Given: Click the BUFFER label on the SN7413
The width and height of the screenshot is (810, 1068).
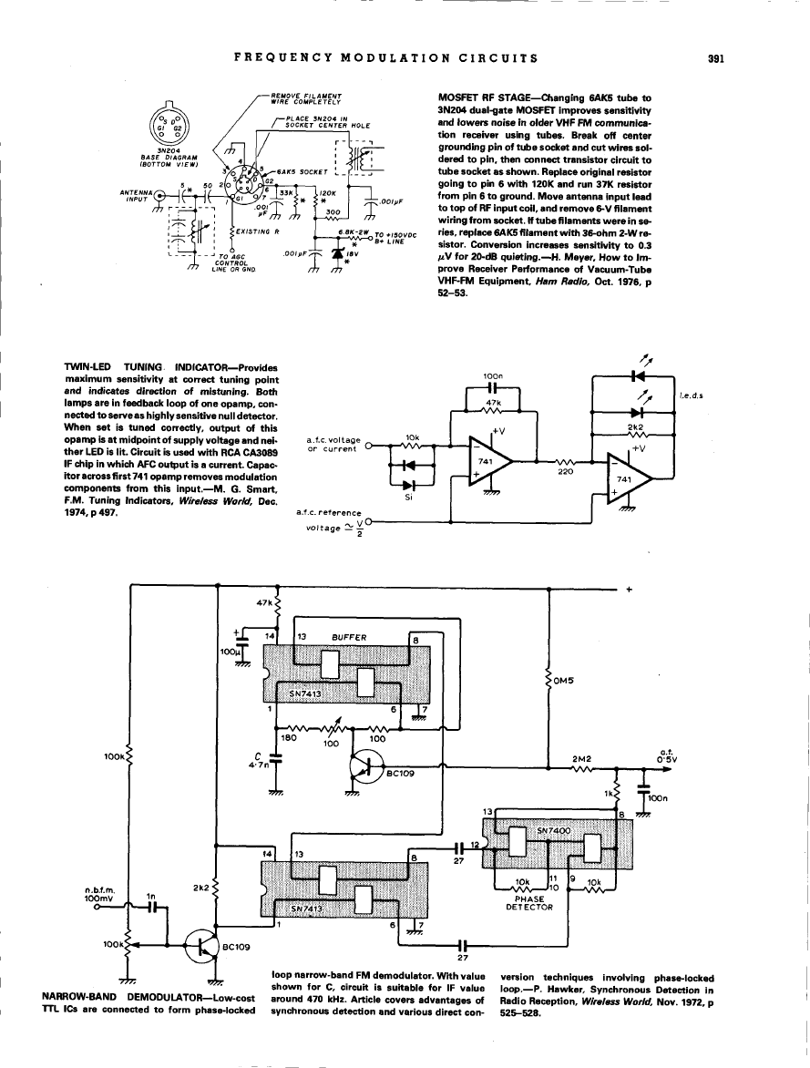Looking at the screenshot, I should [349, 638].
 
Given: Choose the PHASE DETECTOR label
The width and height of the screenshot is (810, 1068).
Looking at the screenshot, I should [529, 902].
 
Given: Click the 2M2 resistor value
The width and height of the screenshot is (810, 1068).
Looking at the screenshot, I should [580, 757].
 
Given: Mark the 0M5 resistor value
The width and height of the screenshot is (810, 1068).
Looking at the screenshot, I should [565, 680].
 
